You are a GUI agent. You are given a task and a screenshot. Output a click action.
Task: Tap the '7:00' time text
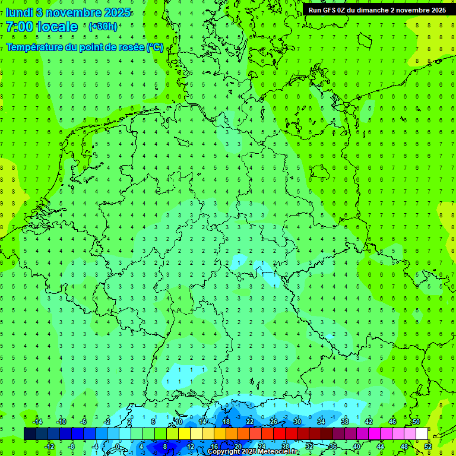pyautogui.click(x=18, y=27)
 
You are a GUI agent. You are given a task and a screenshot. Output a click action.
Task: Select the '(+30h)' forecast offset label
pyautogui.click(x=103, y=27)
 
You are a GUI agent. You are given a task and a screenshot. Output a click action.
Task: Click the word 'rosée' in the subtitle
pyautogui.click(x=130, y=47)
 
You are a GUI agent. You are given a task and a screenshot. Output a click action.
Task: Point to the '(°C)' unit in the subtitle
pyautogui.click(x=155, y=47)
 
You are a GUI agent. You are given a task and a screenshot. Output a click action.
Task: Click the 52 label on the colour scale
pyautogui.click(x=427, y=446)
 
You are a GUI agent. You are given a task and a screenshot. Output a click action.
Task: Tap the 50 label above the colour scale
pyautogui.click(x=416, y=422)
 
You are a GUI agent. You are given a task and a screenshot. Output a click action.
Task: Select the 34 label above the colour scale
pyautogui.click(x=321, y=422)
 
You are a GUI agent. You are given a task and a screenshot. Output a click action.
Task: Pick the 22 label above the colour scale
pyautogui.click(x=249, y=422)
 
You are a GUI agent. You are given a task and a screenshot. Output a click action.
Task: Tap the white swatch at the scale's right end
pyautogui.click(x=422, y=434)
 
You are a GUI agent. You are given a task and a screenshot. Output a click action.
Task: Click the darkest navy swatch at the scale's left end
pyautogui.click(x=30, y=434)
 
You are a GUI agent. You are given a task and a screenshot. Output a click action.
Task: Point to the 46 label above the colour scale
pyautogui.click(x=392, y=422)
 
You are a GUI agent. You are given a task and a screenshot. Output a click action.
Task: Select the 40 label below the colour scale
pyautogui.click(x=356, y=446)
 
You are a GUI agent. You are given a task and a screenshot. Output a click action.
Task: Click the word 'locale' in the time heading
pyautogui.click(x=57, y=27)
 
